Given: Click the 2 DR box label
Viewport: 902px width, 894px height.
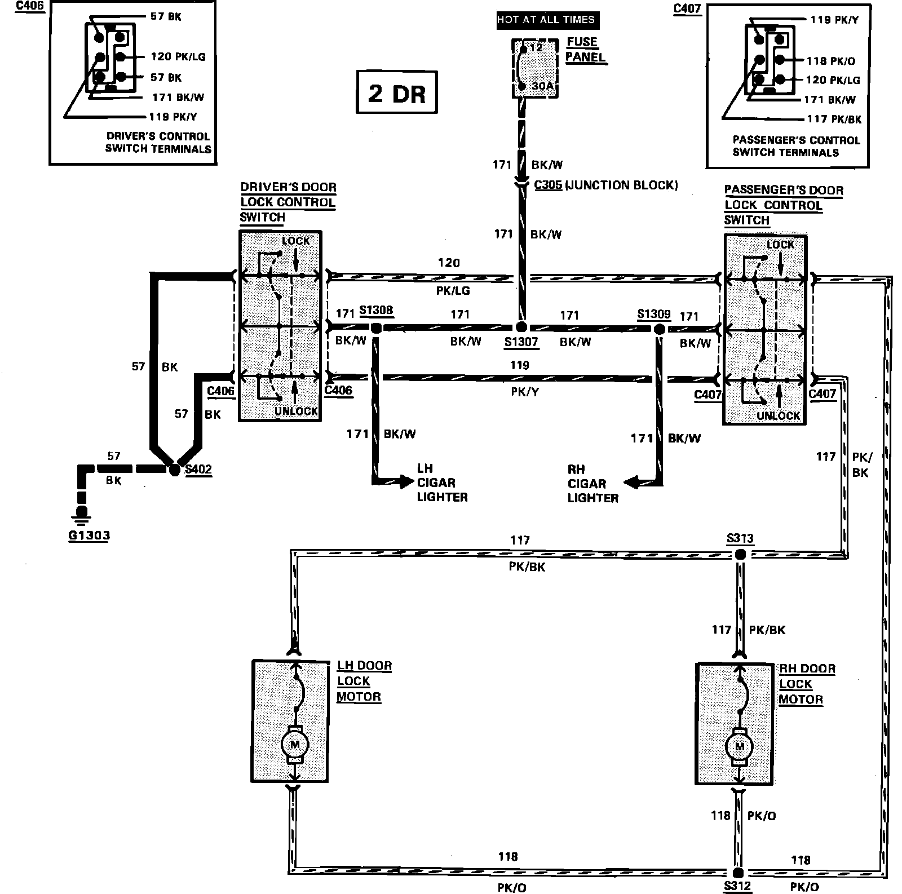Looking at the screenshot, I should click(397, 92).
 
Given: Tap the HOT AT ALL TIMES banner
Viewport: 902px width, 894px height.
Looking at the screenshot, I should click(546, 20).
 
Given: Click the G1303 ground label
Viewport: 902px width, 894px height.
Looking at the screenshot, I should click(89, 535).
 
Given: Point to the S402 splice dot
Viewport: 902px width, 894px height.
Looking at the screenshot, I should click(175, 469).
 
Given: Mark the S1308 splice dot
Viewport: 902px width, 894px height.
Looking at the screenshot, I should click(376, 327).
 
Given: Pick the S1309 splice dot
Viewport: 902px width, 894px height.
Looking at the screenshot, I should click(660, 328).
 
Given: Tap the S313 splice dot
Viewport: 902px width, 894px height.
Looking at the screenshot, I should click(741, 555).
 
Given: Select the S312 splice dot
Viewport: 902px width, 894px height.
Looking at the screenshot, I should click(739, 872).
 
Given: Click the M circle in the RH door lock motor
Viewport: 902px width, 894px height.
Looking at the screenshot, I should click(739, 747).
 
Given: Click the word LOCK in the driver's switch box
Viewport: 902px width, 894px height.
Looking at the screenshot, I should click(296, 241).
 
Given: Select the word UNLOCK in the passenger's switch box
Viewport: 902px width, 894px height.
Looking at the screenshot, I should click(779, 416).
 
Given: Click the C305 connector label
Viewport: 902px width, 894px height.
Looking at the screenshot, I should click(547, 185).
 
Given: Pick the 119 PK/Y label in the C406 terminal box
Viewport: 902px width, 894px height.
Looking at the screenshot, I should click(174, 117).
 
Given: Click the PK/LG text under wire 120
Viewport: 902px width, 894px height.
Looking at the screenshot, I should click(453, 291).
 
